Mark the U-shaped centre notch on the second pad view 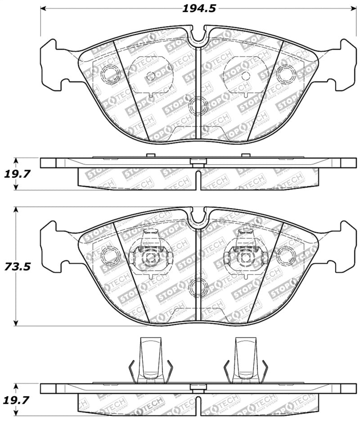coord(198,218)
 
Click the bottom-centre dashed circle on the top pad coord(198,106)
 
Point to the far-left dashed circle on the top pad coord(109,74)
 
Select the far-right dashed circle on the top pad coord(286,74)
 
